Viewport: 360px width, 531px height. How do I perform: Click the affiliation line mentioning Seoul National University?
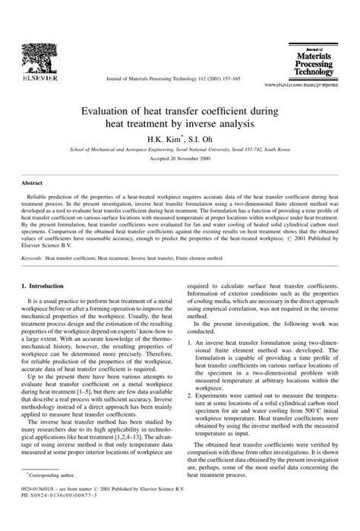click(180, 152)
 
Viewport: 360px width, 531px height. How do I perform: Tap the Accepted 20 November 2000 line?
click(180, 162)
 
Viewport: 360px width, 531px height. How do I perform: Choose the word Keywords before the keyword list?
click(32, 258)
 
